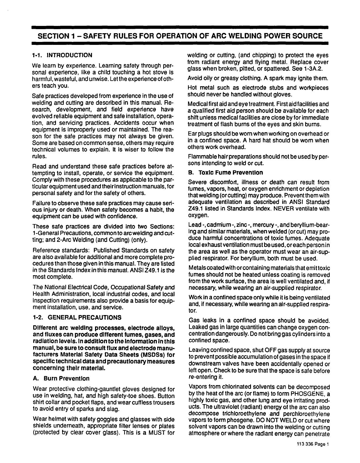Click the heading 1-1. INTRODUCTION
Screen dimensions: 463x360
pyautogui.click(x=62, y=55)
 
